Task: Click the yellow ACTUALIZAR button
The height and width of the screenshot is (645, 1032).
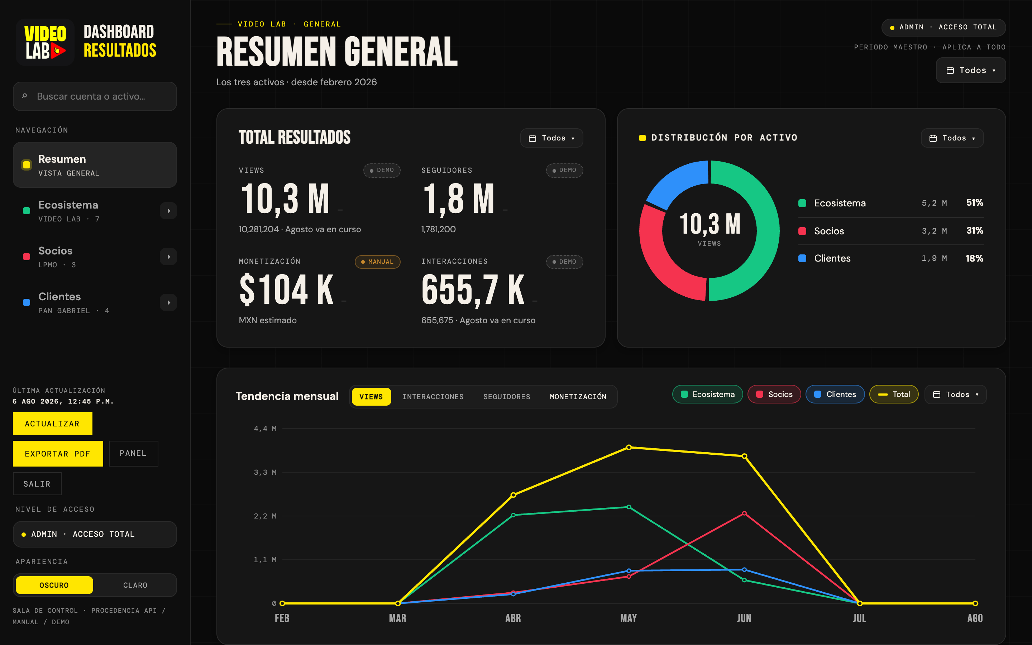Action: (52, 424)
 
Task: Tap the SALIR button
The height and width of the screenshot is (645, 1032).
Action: (37, 484)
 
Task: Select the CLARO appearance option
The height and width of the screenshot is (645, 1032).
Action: (135, 585)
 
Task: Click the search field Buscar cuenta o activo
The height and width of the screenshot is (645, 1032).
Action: (95, 96)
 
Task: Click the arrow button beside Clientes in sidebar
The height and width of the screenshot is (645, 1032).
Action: (168, 302)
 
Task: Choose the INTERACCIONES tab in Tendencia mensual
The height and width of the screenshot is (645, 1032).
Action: (433, 397)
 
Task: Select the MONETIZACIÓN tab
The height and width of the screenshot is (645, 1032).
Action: (578, 397)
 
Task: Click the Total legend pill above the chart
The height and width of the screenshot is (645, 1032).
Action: (894, 395)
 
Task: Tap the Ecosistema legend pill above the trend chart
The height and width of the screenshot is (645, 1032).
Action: (707, 395)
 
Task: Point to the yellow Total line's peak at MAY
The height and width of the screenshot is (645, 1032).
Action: (629, 448)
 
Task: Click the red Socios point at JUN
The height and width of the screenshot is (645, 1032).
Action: (744, 513)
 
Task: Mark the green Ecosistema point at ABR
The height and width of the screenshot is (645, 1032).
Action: (513, 515)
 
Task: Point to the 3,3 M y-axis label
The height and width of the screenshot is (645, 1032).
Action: (265, 472)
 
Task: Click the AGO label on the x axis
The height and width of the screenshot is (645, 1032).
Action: (975, 618)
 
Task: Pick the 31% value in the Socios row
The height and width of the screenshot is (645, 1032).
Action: (974, 231)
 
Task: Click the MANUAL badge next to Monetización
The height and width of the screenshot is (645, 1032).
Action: (377, 262)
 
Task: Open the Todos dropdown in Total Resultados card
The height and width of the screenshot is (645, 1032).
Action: (551, 138)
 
